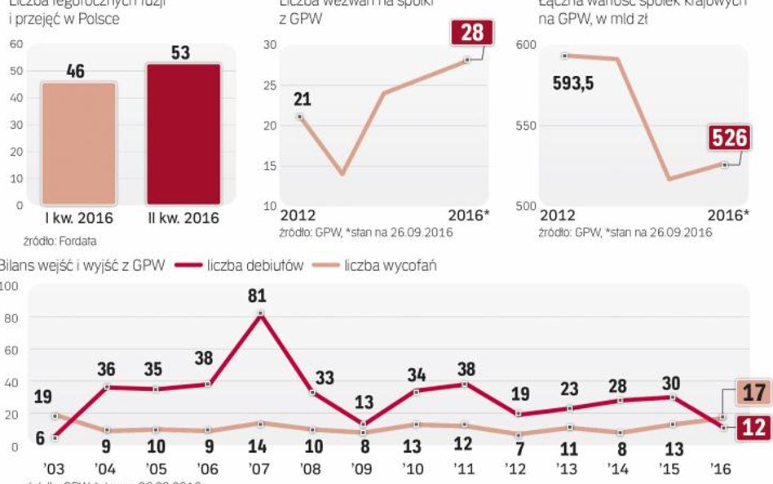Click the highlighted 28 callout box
[x=471, y=33]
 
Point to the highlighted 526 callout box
[x=730, y=138]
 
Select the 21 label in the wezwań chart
[x=302, y=100]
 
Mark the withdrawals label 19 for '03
[x=43, y=397]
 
